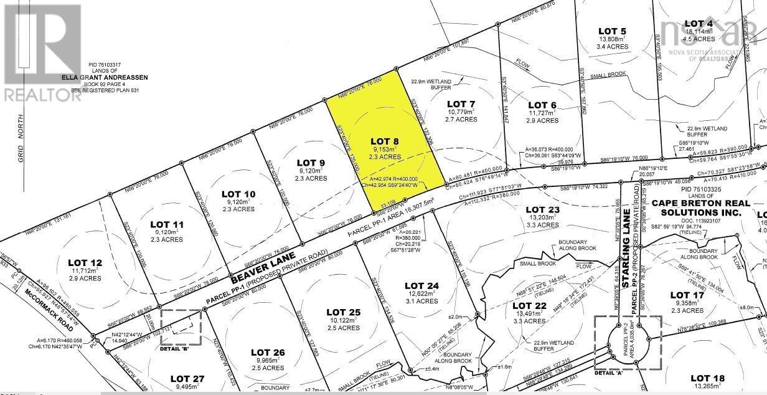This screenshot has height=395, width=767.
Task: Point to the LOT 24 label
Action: (x=422, y=285)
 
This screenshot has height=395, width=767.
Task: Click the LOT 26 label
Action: (x=269, y=353)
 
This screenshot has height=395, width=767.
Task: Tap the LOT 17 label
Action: (x=687, y=295)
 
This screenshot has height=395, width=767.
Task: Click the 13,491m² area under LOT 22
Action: (x=529, y=314)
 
